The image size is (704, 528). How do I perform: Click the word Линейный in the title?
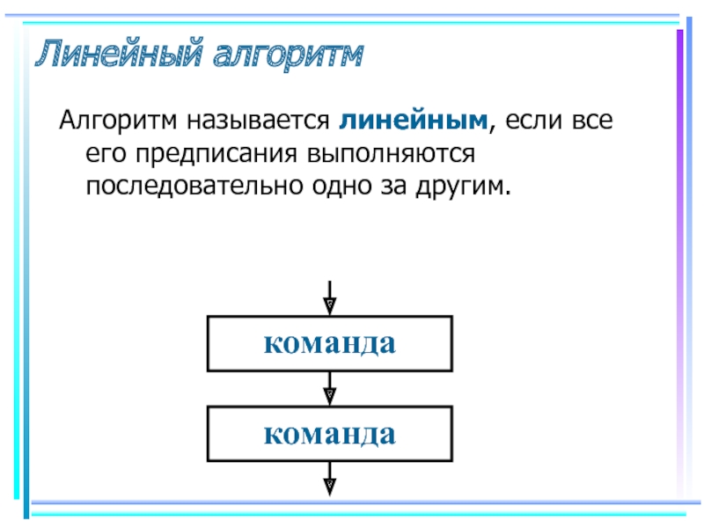(x=119, y=53)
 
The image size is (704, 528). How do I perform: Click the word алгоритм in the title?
(x=288, y=55)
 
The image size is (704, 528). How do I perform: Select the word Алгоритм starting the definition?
(x=118, y=121)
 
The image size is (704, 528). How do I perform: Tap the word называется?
(x=258, y=121)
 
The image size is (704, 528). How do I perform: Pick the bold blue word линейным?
(x=413, y=121)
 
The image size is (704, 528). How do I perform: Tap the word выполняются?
(x=391, y=154)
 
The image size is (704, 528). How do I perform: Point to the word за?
(x=394, y=187)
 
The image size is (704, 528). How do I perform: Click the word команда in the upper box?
(x=330, y=344)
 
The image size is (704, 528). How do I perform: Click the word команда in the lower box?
(x=330, y=434)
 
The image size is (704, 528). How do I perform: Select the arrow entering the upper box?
(x=330, y=298)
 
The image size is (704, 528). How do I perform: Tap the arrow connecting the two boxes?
(x=330, y=389)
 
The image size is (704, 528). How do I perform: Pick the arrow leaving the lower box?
(x=330, y=479)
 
